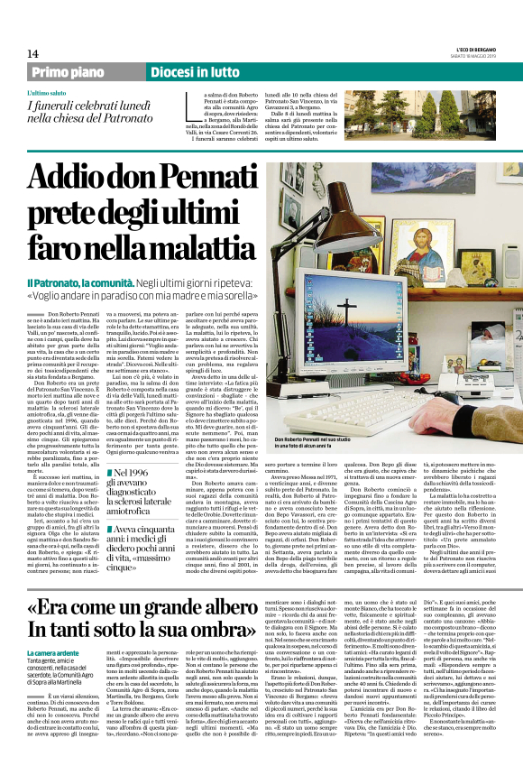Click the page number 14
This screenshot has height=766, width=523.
click(x=33, y=54)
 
